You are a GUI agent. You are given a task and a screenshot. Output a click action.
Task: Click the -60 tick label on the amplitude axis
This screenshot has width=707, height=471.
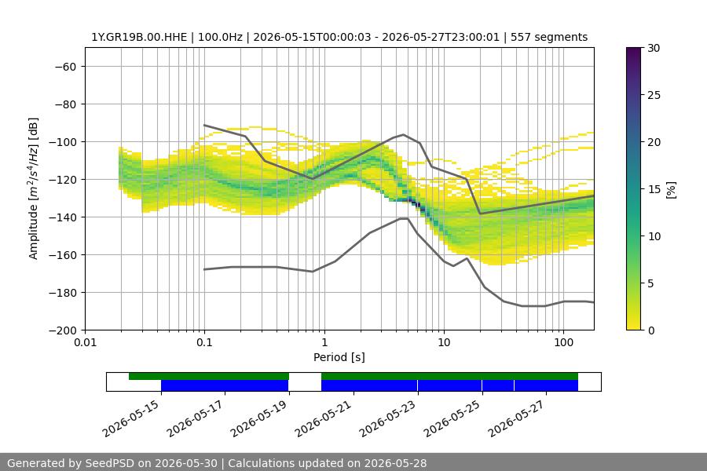click(65, 67)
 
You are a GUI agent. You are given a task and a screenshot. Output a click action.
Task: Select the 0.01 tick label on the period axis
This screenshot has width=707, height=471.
click(85, 342)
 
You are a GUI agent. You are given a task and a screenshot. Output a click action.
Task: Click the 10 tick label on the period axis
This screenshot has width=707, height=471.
click(444, 342)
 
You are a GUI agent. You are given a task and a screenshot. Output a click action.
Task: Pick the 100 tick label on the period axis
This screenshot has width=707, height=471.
click(563, 342)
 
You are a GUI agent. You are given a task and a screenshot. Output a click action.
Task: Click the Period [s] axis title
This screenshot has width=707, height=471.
click(339, 357)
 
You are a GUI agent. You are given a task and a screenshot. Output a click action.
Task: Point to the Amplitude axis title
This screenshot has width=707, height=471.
click(34, 188)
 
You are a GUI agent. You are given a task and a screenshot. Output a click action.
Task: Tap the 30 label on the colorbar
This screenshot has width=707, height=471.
click(654, 48)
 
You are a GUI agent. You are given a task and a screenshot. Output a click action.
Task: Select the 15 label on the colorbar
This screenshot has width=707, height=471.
click(654, 189)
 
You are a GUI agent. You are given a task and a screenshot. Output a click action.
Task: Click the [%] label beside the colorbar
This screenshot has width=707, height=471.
click(672, 190)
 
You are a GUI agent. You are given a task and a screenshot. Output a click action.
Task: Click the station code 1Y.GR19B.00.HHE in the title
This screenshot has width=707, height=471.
click(139, 37)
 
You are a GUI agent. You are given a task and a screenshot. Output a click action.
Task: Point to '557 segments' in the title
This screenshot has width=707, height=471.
click(549, 37)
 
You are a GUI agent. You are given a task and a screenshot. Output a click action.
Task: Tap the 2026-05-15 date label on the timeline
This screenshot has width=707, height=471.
click(131, 418)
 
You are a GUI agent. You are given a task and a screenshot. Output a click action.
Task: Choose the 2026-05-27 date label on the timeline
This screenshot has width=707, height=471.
click(517, 418)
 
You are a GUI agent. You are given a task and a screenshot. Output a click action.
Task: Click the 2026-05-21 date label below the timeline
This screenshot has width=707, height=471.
click(324, 418)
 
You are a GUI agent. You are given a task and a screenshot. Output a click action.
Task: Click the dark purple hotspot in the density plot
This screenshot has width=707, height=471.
click(418, 205)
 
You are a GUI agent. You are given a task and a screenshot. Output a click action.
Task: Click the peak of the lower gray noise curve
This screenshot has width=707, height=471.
click(404, 218)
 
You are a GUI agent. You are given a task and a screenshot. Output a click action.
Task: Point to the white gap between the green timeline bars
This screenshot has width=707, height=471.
click(306, 376)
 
